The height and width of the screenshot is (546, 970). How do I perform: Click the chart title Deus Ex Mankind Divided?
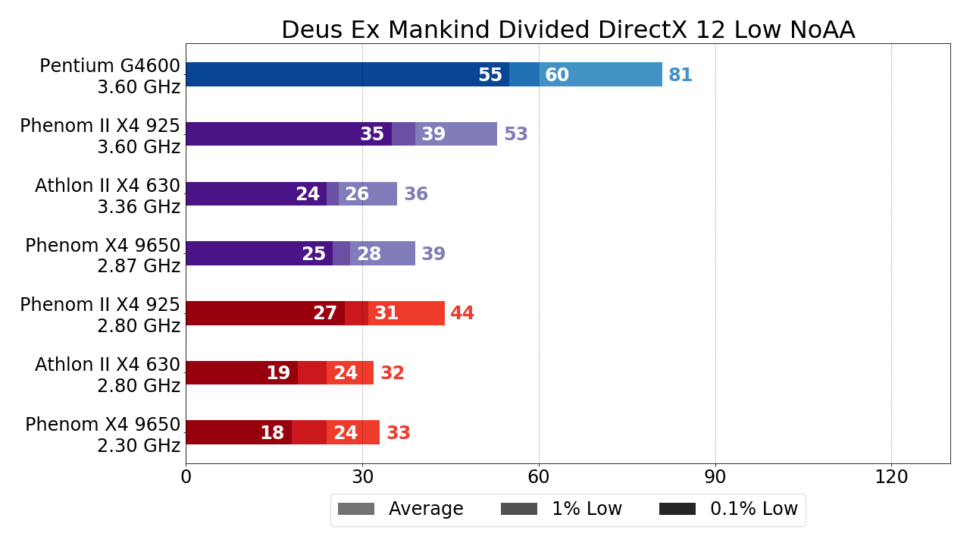568,30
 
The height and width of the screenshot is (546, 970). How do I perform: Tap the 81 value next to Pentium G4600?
681,76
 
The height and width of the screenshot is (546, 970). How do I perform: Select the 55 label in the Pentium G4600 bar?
490,76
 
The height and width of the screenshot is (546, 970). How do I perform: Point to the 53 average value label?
516,135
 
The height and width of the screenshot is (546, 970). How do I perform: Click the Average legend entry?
401,510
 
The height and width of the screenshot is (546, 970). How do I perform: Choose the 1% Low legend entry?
562,510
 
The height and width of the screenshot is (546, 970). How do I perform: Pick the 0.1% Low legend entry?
728,510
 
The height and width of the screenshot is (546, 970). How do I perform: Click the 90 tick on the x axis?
715,478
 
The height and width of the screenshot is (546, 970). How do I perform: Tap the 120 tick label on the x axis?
891,478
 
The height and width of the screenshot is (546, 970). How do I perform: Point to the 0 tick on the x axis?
186,478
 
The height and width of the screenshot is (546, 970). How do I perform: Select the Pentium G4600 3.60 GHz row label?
110,77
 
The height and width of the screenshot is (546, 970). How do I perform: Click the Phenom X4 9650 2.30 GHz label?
103,435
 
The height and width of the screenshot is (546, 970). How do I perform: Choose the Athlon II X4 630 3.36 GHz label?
108,196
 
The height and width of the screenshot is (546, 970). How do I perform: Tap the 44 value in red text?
462,314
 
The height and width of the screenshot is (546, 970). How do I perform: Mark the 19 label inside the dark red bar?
278,374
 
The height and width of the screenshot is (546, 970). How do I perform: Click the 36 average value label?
416,195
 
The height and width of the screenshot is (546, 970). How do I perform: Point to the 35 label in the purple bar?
372,135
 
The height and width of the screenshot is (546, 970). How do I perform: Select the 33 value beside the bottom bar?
399,434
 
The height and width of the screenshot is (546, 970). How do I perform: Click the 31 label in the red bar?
386,314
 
